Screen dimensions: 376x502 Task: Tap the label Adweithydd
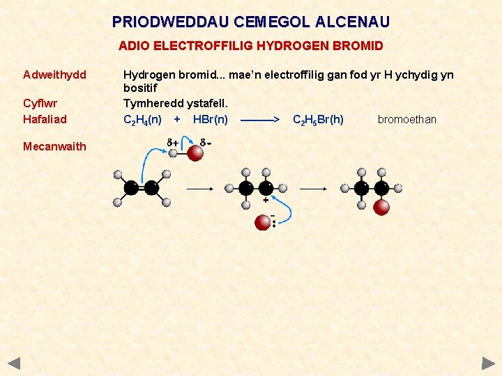click(x=54, y=75)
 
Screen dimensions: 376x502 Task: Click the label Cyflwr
click(x=40, y=104)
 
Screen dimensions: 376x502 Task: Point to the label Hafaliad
click(x=45, y=119)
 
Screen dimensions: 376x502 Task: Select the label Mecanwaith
click(x=54, y=146)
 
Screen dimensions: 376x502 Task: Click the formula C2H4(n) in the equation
click(x=142, y=120)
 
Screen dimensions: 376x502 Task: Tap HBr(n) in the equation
click(x=210, y=120)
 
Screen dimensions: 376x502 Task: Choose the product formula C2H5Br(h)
click(x=318, y=120)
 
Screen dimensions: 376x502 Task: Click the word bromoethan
click(x=406, y=120)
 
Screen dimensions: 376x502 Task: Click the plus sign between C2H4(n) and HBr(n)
click(x=177, y=119)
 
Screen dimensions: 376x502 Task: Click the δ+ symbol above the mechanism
click(x=172, y=143)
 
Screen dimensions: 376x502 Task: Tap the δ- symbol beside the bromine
click(x=205, y=143)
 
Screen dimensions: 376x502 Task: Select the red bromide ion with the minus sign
click(x=263, y=222)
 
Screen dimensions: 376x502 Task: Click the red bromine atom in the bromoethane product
click(x=381, y=207)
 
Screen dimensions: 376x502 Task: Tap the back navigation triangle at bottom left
click(x=14, y=363)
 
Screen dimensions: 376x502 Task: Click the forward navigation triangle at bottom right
click(x=488, y=363)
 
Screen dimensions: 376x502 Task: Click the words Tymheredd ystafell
click(x=175, y=104)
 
